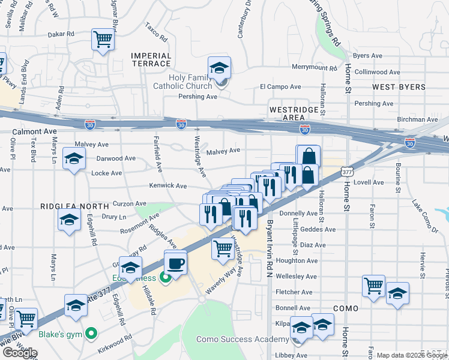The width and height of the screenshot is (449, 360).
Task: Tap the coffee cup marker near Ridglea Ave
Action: (x=175, y=263)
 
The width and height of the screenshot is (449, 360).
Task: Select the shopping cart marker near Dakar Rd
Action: (x=103, y=40)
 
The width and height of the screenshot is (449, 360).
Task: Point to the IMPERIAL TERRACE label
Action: (x=151, y=59)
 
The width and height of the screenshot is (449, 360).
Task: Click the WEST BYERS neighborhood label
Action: (x=399, y=87)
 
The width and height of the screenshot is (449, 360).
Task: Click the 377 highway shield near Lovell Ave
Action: (x=346, y=172)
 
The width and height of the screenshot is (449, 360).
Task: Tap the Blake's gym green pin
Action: (x=91, y=332)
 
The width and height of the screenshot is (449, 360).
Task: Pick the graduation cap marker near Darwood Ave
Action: (x=74, y=159)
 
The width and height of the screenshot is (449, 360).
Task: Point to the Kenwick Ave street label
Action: (x=168, y=187)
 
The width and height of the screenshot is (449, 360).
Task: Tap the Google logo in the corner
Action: (x=20, y=353)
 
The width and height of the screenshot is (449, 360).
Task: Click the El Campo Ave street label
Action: (x=280, y=87)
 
